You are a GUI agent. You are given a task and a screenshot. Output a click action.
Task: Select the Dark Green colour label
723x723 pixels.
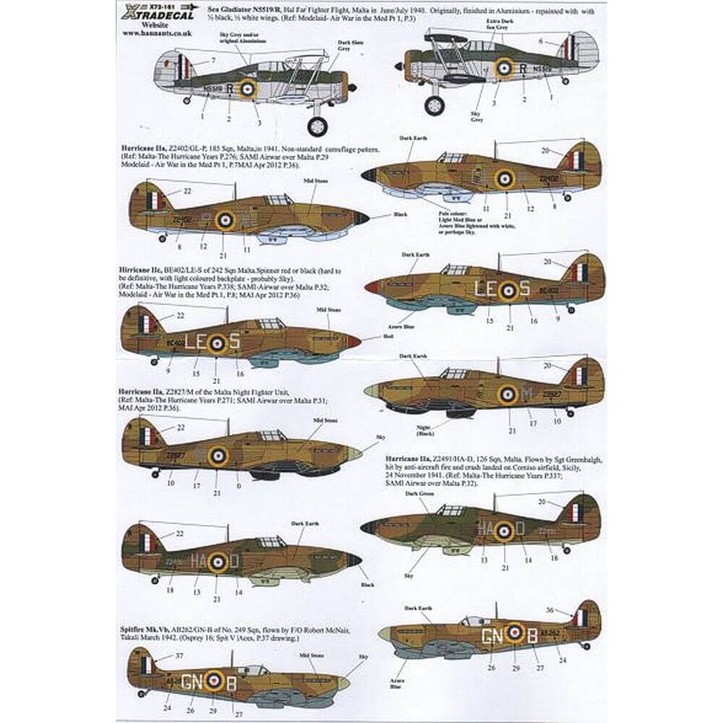[421, 493]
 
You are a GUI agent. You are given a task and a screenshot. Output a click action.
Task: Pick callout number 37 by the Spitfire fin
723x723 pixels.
[179, 656]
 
